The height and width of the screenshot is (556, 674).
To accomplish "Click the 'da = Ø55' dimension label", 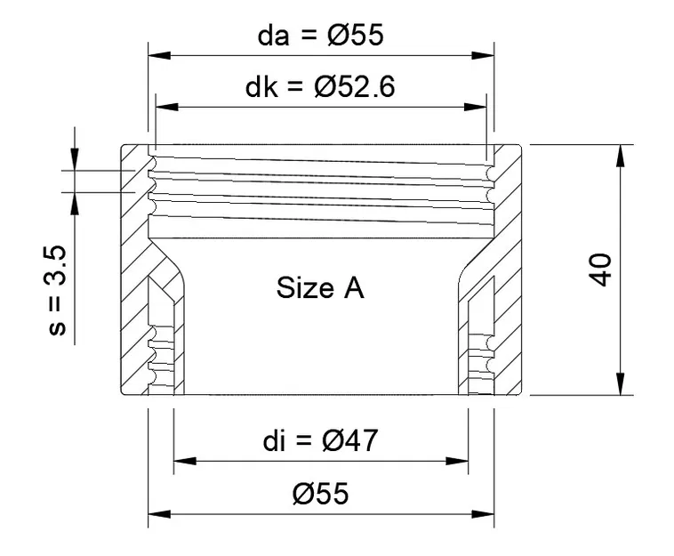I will point(319,36).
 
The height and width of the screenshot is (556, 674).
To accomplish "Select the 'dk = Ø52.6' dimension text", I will point(319,88).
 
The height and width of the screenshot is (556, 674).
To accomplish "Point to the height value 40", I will point(602,270).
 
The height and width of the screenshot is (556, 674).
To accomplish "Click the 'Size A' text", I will point(320,288).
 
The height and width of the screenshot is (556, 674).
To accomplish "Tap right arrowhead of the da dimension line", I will point(484,55).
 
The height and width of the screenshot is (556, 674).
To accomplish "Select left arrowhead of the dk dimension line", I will point(166,107).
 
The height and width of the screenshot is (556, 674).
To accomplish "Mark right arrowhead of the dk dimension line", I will point(476,107).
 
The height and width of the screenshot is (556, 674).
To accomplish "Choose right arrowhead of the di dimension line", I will point(458,461).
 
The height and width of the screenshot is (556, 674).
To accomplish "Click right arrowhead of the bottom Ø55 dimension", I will point(484,513).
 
